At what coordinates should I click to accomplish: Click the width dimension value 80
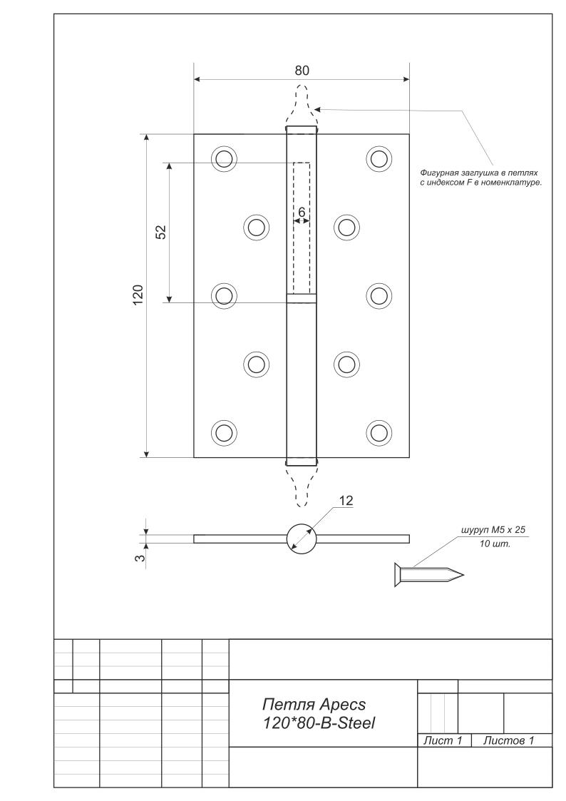coord(302,70)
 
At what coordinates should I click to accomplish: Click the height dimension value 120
coord(138,294)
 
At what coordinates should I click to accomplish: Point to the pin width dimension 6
coord(302,213)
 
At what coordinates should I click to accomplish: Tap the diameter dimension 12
coord(346,501)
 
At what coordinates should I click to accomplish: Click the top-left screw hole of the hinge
coord(224,158)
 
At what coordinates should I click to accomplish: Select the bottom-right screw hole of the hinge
coord(379,432)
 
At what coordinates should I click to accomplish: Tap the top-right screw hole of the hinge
coord(379,158)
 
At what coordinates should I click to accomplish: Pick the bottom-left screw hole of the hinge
coord(224,432)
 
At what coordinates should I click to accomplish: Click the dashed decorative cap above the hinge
coord(301,105)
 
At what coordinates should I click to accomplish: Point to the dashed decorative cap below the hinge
coord(301,484)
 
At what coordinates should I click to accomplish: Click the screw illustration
coord(428,574)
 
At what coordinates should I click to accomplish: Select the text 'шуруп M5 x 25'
coord(494,531)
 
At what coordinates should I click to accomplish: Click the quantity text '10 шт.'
coord(492,544)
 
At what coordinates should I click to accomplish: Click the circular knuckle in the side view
coord(301,538)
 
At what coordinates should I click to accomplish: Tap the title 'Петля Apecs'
coord(314,705)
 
